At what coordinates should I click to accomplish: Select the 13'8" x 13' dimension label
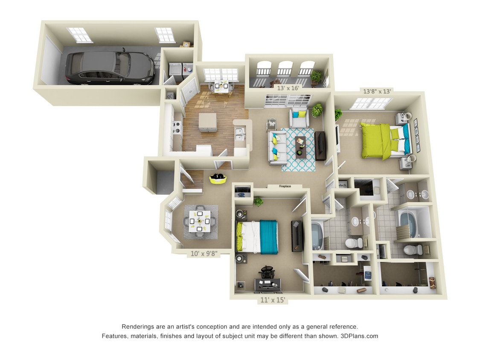(377, 91)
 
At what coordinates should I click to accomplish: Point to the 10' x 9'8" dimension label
(204, 254)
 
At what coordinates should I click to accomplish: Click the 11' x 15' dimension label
(273, 300)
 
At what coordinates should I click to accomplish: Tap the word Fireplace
(285, 186)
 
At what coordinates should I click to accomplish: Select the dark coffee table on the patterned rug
(302, 145)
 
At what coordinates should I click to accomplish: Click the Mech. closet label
(343, 185)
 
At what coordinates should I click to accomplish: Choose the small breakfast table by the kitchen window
(221, 86)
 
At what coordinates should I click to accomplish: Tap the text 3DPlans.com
(359, 336)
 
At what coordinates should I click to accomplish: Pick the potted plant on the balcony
(316, 76)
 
